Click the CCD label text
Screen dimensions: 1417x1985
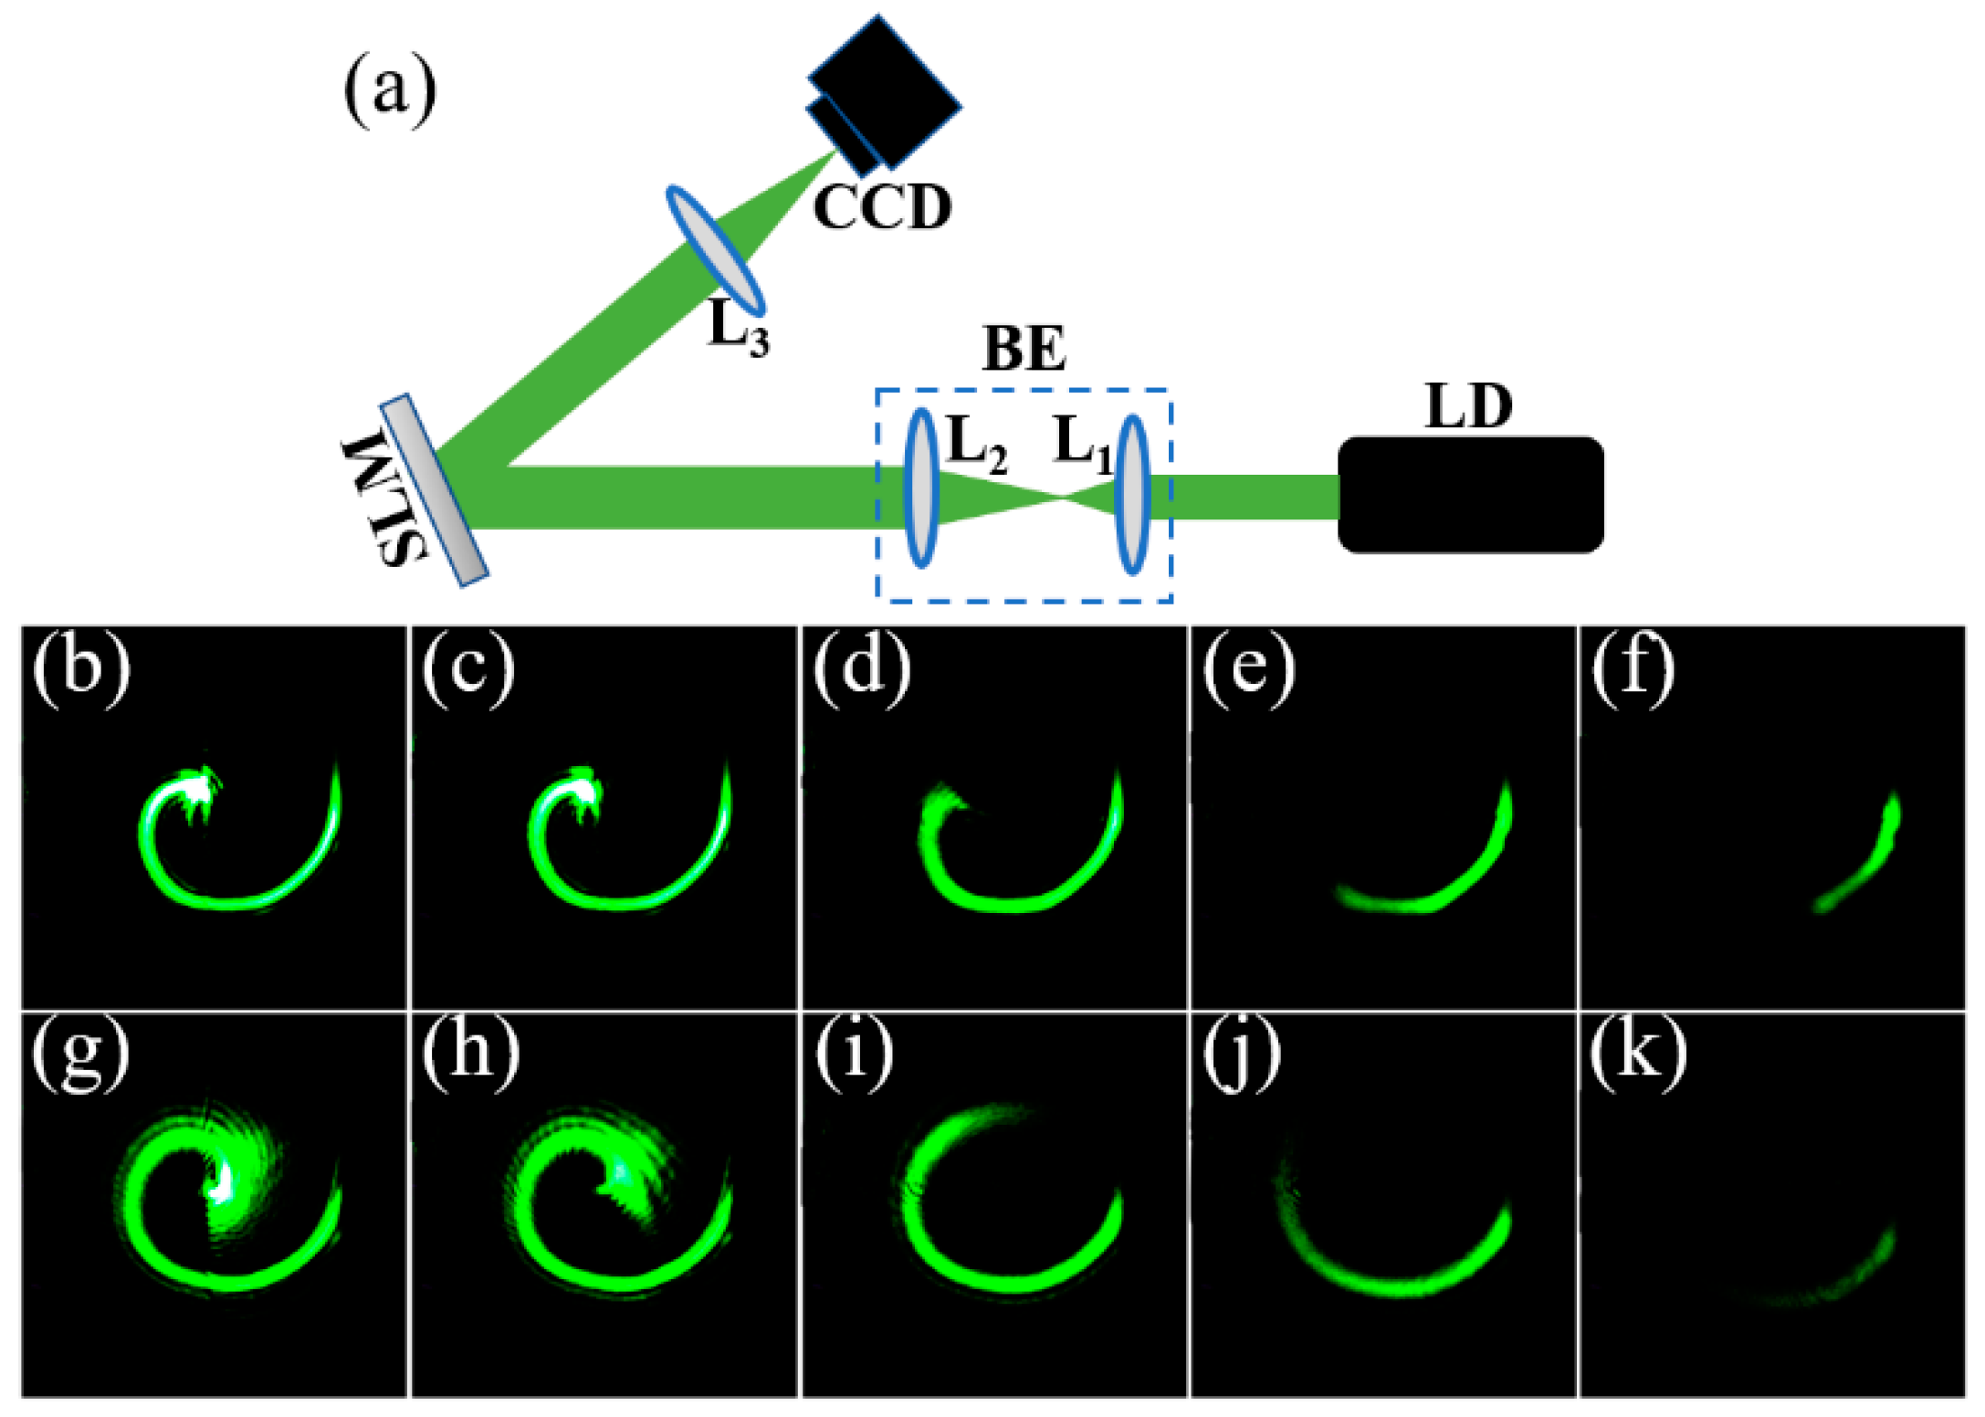tap(882, 207)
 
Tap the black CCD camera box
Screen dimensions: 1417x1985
tap(883, 91)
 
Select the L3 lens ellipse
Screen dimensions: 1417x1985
tap(716, 249)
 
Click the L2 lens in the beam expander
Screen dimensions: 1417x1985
tap(921, 488)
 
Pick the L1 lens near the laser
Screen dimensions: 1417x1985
tap(1132, 494)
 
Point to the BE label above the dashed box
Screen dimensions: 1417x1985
tap(1024, 349)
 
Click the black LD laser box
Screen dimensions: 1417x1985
tap(1470, 494)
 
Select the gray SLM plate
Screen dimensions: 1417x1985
tap(435, 490)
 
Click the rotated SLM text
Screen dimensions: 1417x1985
tap(383, 499)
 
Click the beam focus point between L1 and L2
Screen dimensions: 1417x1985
tap(1062, 497)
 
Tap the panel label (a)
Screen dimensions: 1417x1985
tap(390, 91)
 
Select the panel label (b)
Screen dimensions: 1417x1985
tap(80, 667)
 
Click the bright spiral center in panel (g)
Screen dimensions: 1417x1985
tap(219, 1182)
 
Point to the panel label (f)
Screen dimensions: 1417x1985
tap(1633, 667)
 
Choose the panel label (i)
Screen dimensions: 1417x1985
tap(854, 1053)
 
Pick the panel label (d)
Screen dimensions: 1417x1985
tap(861, 667)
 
